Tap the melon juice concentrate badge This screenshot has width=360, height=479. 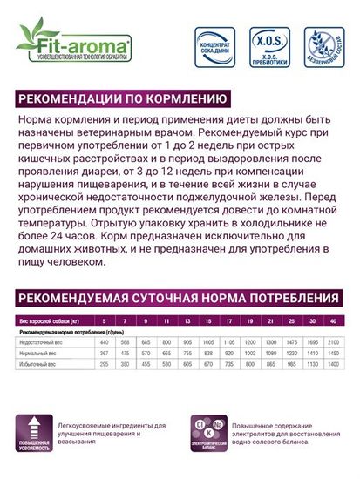pyautogui.click(x=214, y=48)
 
